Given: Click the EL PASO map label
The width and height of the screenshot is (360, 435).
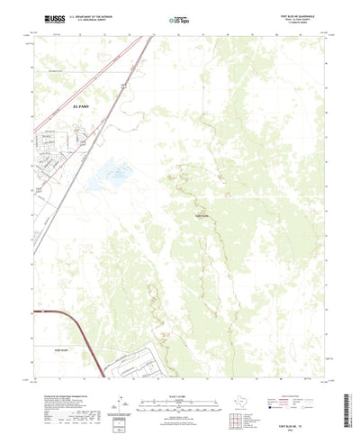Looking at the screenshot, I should (55, 104).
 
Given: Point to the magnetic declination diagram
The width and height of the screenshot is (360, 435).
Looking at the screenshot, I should (118, 401).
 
